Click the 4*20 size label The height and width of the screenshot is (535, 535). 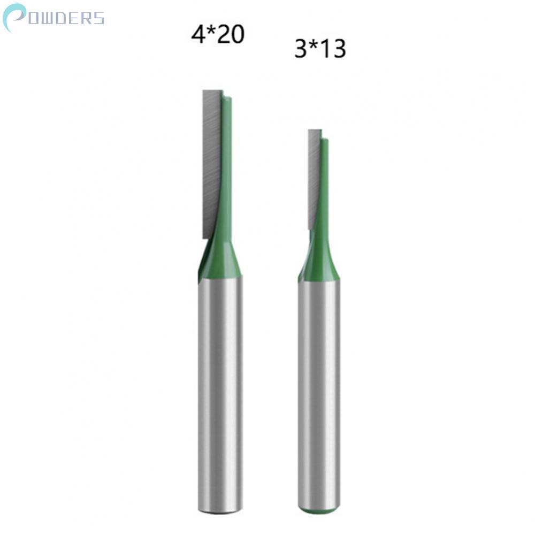[218, 34]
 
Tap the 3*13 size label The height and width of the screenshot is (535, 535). [320, 49]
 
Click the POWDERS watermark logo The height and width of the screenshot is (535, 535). [53, 18]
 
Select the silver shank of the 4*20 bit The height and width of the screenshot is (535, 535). [220, 394]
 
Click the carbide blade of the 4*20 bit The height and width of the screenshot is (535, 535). [211, 164]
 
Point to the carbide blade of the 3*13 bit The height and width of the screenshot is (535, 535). [314, 179]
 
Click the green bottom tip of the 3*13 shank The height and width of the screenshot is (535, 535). [319, 509]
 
